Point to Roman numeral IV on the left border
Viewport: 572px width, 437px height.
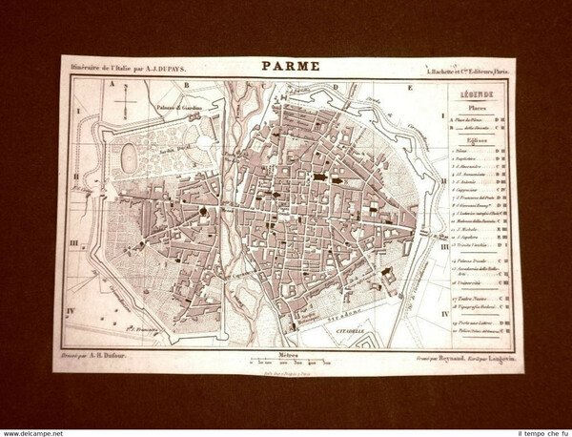[70, 310]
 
